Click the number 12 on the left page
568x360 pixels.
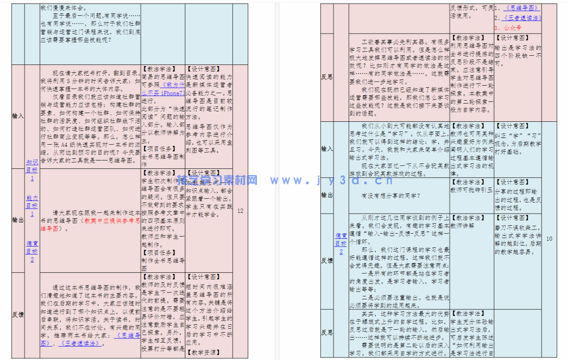point(240,211)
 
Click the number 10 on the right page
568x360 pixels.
point(549,239)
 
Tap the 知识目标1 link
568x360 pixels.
point(32,170)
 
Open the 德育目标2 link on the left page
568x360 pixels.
point(32,251)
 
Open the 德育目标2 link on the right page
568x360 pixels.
point(341,244)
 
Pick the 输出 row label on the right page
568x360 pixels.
point(327,195)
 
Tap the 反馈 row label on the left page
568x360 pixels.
point(18,315)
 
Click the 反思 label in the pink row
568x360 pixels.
point(327,77)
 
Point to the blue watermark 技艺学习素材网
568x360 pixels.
point(217,180)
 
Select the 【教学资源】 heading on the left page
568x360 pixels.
point(204,353)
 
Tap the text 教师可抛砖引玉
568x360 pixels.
point(471,190)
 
